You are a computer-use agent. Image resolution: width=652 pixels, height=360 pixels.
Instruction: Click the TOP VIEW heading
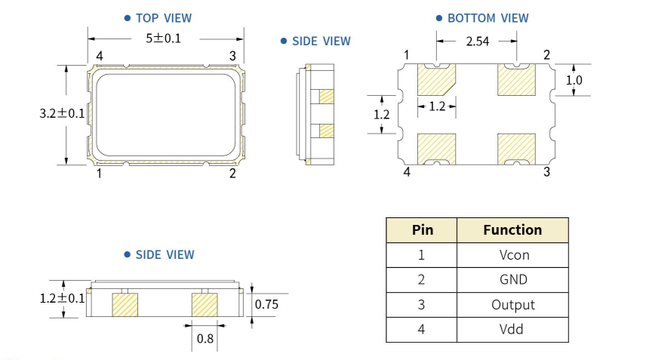pos(163,17)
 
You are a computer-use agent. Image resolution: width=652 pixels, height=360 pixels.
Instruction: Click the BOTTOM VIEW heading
pos(487,17)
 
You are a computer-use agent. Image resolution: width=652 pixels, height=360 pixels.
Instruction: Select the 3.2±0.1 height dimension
pos(63,114)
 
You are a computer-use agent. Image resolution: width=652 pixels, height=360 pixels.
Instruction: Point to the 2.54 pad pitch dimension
pos(478,42)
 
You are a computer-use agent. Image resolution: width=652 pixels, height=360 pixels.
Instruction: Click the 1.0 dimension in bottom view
pos(574,79)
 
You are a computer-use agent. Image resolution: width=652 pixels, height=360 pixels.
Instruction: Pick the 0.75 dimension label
pos(267,304)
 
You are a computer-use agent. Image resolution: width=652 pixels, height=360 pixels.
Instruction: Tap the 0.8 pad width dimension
pos(205,339)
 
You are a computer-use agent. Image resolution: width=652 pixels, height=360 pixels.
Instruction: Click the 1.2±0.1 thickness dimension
pos(63,297)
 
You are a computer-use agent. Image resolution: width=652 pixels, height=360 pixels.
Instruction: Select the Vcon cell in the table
pos(513,255)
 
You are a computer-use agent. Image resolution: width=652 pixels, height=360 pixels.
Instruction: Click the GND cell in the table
pos(513,280)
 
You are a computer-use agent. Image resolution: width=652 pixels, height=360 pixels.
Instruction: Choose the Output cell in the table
pos(513,305)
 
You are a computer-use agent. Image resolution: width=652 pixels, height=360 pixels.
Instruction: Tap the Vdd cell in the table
pos(513,329)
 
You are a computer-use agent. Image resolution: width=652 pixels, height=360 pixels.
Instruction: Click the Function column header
pos(513,230)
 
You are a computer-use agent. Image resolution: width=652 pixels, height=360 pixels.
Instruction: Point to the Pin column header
pos(421,230)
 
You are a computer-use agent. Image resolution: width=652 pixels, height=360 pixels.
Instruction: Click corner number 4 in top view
pos(99,56)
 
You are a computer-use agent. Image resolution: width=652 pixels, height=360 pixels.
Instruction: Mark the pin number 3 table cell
pos(421,305)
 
